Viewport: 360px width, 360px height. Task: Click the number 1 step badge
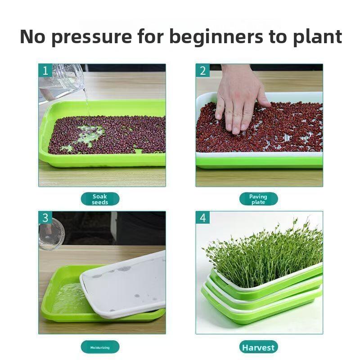45,71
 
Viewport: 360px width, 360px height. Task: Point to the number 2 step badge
202,71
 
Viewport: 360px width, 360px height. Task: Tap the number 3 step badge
45,218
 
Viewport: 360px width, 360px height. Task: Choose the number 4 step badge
202,218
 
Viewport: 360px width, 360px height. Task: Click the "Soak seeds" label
100,199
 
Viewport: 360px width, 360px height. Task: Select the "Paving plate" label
258,199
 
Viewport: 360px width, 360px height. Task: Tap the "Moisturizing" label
100,347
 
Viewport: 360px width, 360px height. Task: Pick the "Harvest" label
258,347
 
